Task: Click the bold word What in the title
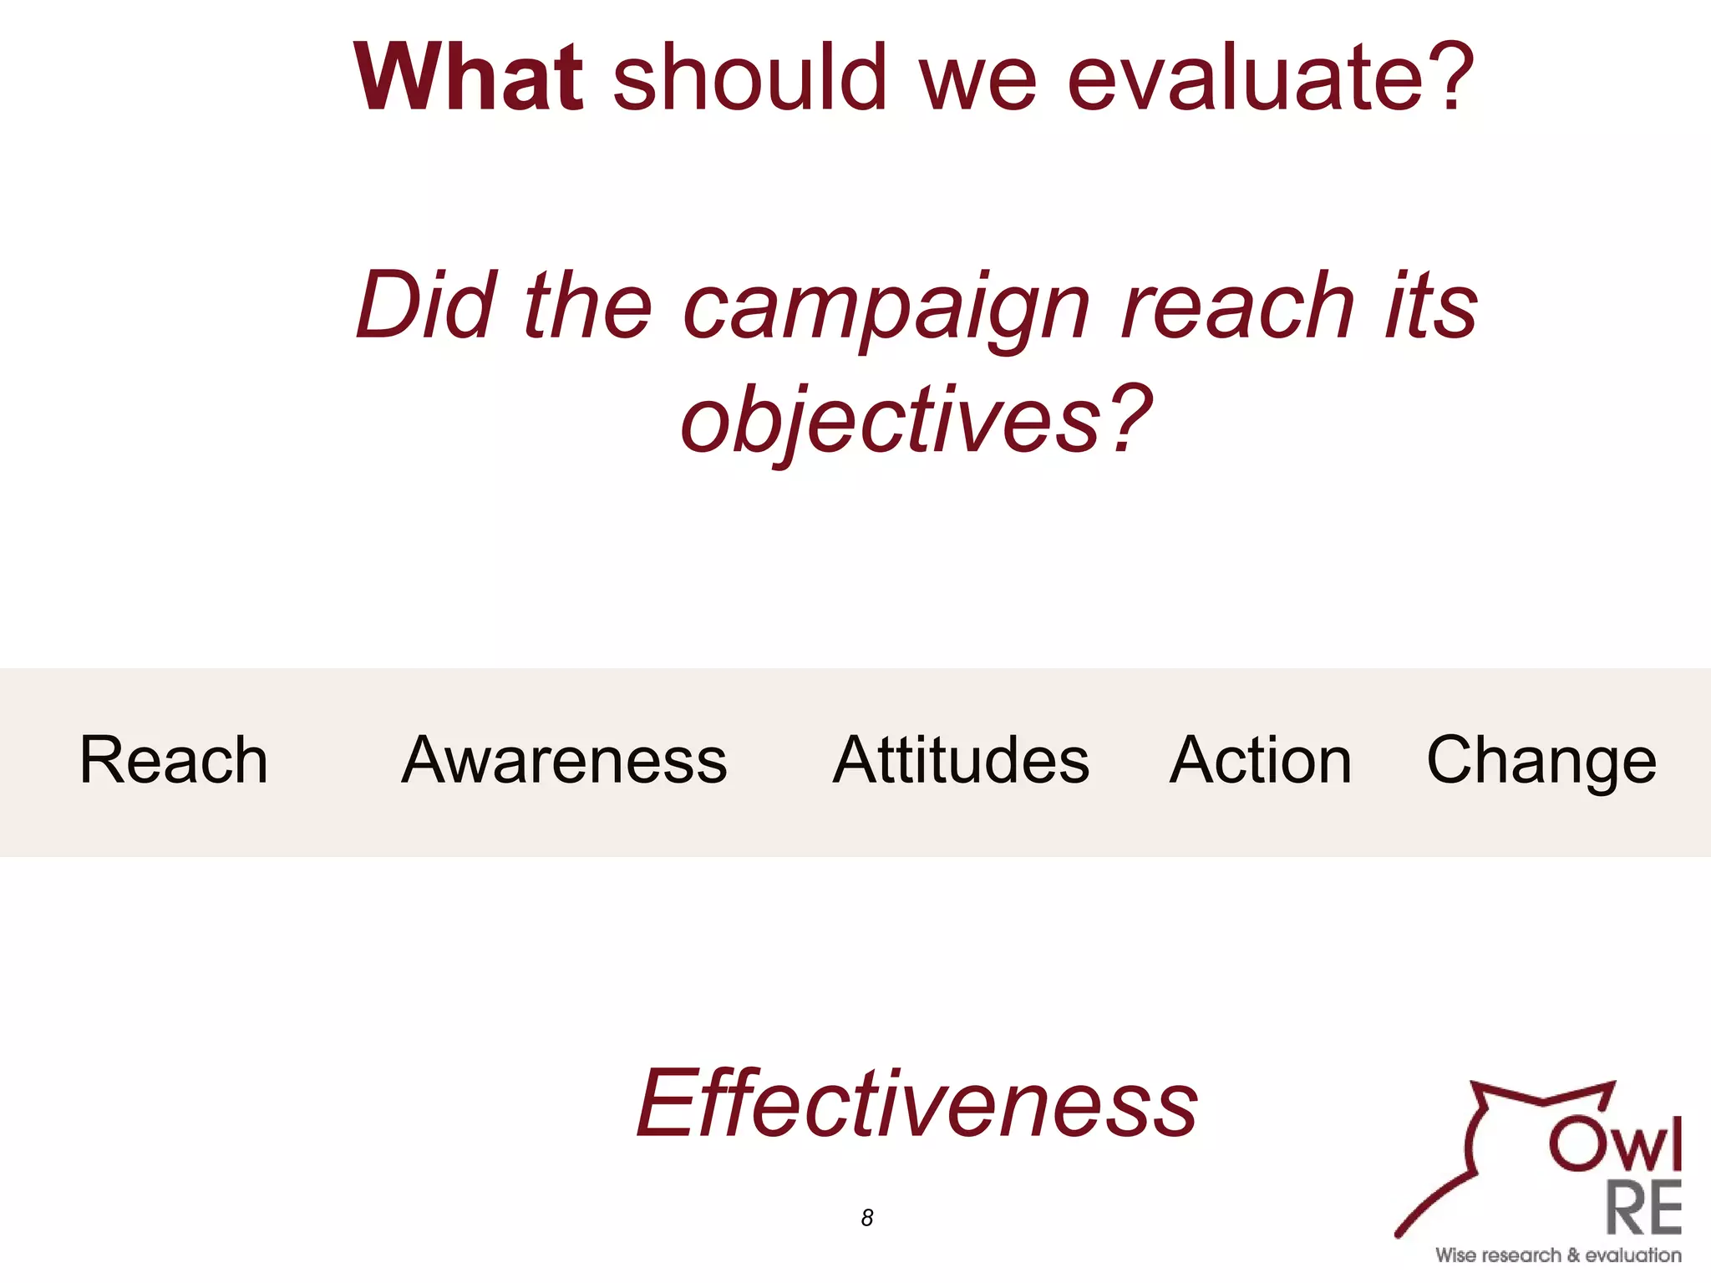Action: (x=468, y=77)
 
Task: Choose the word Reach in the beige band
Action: (x=174, y=760)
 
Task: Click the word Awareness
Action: (x=564, y=760)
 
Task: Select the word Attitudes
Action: (x=961, y=760)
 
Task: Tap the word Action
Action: (x=1260, y=760)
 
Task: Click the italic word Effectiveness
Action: (x=916, y=1104)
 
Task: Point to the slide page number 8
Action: (x=867, y=1218)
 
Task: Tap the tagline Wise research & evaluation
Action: (x=1558, y=1255)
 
